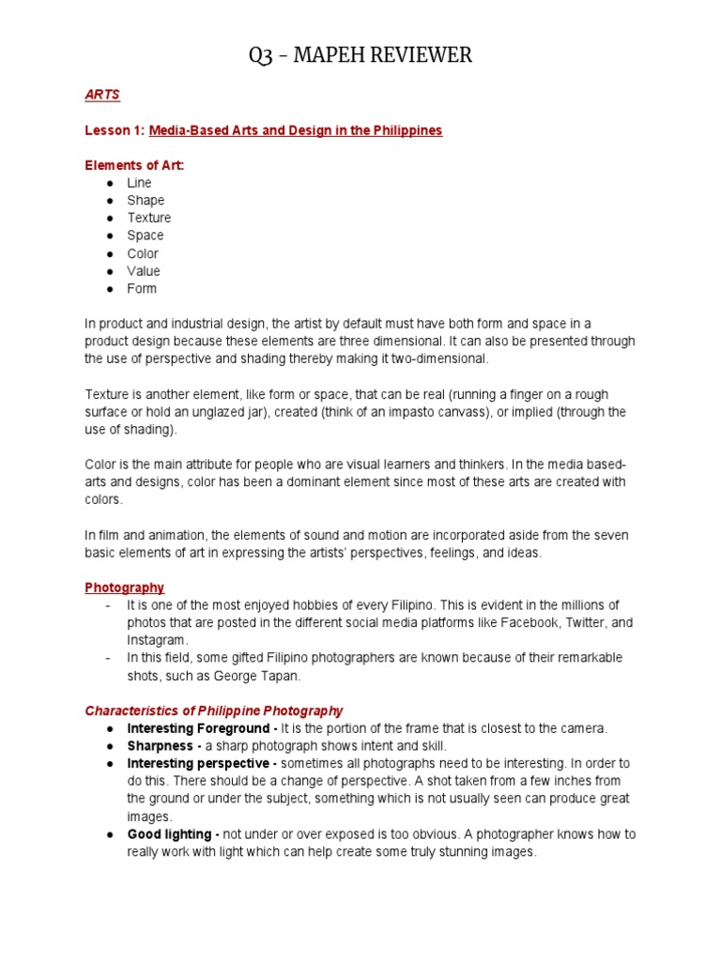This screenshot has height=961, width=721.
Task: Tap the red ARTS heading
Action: pos(102,95)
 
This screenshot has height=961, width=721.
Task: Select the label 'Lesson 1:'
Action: pos(115,130)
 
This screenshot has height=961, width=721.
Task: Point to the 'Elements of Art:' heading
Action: pos(134,165)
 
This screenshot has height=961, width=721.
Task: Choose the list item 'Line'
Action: pos(139,183)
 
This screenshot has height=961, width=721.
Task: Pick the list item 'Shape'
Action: pos(146,200)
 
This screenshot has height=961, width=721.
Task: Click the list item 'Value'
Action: pos(144,271)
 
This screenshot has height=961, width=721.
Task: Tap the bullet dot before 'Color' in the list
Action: pos(110,253)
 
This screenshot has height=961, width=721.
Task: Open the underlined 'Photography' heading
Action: pos(124,587)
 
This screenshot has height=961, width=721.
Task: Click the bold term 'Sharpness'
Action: pos(159,746)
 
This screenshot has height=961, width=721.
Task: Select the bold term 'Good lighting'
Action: pos(172,834)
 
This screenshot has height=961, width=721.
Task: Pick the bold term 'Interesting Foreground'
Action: pos(198,728)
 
